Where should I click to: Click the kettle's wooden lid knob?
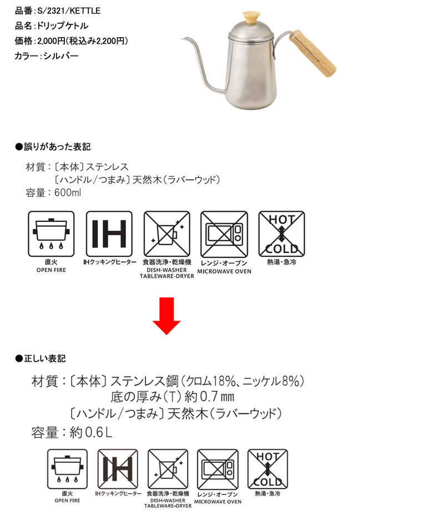click(x=251, y=17)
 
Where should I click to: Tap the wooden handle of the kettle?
click(x=312, y=53)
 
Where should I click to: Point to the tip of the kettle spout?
click(x=182, y=39)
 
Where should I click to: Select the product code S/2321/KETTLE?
click(x=69, y=11)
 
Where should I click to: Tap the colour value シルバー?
click(x=60, y=56)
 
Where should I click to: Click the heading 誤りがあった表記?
click(x=57, y=147)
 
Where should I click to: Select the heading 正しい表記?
click(x=44, y=359)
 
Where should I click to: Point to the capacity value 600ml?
click(x=68, y=193)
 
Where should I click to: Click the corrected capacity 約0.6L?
click(x=91, y=432)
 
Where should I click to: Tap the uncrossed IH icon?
click(x=109, y=234)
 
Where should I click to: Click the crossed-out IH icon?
click(x=118, y=469)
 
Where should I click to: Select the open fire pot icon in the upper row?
click(x=51, y=234)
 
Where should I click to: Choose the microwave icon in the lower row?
click(x=218, y=469)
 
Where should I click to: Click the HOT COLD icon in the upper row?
click(x=282, y=234)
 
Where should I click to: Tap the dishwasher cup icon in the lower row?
click(x=168, y=469)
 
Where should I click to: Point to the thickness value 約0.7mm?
click(x=209, y=397)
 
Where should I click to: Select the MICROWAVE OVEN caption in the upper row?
click(x=224, y=271)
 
